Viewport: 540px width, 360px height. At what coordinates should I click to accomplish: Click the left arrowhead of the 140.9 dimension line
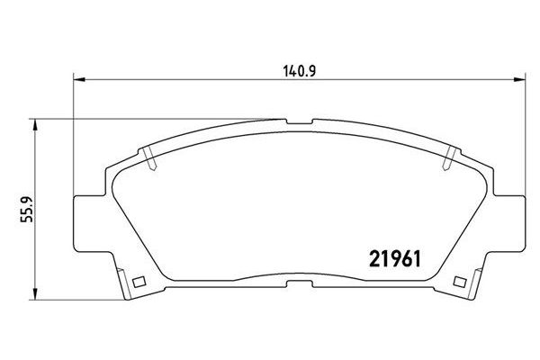(x=77, y=79)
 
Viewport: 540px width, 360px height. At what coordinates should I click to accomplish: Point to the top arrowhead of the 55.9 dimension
(x=34, y=122)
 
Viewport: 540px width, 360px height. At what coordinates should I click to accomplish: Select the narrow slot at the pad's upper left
(x=148, y=158)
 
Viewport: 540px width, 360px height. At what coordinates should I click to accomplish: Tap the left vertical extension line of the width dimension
(x=72, y=135)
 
